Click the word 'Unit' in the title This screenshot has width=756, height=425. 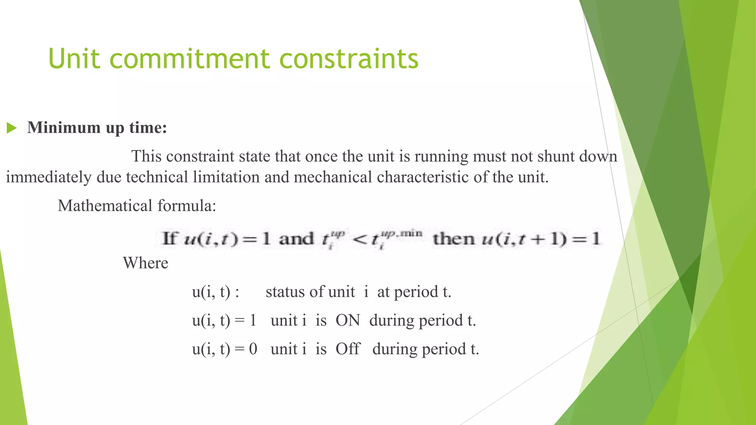click(x=74, y=59)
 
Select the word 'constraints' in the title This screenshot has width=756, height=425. click(x=349, y=59)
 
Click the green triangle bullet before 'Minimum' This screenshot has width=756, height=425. click(x=12, y=128)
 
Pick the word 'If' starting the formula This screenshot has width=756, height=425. click(x=169, y=239)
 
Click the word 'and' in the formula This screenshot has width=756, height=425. click(x=296, y=239)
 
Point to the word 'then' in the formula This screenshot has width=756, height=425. click(x=454, y=239)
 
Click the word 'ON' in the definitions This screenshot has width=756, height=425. click(x=348, y=321)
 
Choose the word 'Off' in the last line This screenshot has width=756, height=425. click(x=347, y=349)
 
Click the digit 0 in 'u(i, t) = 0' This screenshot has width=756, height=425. click(x=253, y=349)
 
